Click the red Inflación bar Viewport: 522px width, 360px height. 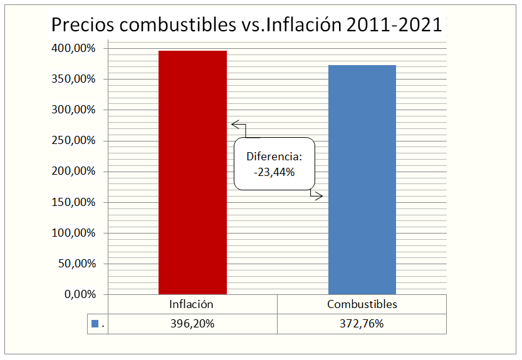192,172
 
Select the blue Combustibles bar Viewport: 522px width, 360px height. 362,180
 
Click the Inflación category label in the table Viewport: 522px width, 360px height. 192,304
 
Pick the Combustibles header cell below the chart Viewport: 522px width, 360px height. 362,304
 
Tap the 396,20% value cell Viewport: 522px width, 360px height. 192,324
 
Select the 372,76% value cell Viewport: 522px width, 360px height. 362,324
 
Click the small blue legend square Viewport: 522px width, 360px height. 95,324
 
